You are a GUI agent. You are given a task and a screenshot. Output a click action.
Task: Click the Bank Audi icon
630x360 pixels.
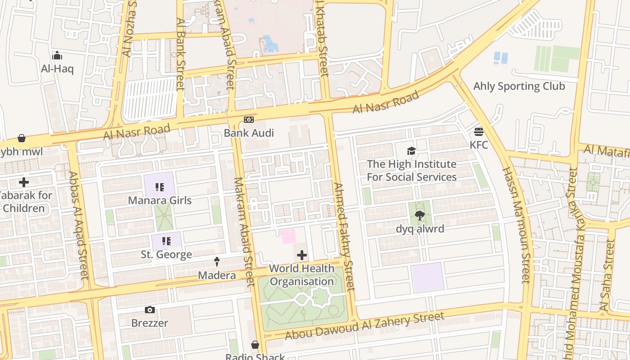248,120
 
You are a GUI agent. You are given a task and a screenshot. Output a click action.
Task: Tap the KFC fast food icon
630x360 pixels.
478,131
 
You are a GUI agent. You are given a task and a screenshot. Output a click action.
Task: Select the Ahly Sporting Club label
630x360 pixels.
519,86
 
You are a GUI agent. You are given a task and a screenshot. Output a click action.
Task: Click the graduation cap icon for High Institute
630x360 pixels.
411,151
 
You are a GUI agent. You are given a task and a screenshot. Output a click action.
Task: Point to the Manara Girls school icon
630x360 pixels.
159,187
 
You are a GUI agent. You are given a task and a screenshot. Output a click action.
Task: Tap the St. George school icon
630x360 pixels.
166,241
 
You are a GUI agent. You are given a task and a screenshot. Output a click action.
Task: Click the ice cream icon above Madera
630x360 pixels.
217,261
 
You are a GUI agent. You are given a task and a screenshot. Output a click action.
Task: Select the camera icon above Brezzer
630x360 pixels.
150,310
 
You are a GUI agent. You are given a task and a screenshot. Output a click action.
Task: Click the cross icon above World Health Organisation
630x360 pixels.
301,256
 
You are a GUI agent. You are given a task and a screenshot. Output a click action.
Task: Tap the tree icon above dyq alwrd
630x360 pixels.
420,215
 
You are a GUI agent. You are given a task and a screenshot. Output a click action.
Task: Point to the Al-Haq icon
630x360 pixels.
57,56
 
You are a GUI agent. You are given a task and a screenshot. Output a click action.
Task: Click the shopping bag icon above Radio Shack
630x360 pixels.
255,345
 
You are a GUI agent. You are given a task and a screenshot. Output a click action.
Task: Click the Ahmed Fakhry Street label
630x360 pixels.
344,236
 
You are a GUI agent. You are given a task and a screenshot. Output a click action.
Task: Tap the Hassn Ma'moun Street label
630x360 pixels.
516,225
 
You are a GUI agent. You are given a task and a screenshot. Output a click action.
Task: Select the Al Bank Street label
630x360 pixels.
180,54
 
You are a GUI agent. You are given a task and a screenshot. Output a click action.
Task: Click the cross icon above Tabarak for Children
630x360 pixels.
24,182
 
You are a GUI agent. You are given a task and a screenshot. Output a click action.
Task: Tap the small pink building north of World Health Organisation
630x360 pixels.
288,236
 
